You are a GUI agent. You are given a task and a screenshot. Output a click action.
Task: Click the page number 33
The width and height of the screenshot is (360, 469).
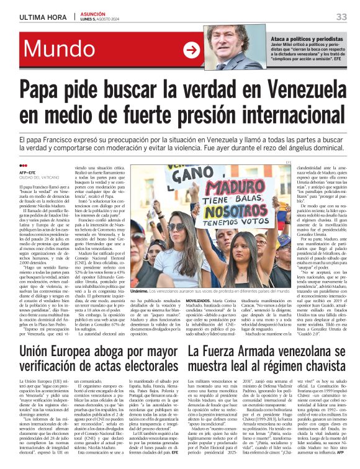[341, 16]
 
